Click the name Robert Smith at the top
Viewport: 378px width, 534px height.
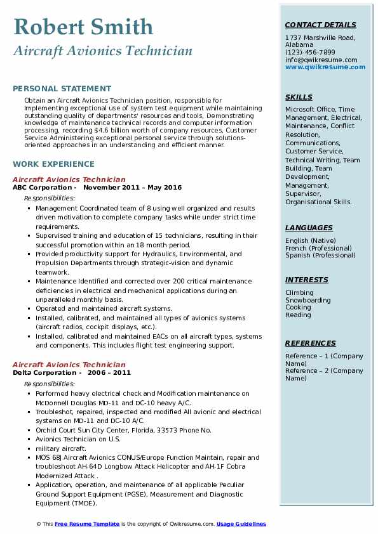[83, 27]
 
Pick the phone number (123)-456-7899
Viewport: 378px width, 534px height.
[310, 53]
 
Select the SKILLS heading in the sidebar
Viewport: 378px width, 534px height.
[299, 98]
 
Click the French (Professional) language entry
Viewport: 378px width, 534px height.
[319, 248]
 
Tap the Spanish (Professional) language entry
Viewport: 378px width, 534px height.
[320, 256]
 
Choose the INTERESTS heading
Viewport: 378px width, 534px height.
[307, 280]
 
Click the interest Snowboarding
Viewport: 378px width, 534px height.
[308, 300]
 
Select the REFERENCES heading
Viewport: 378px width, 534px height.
[311, 344]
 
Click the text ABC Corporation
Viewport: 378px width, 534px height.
[43, 188]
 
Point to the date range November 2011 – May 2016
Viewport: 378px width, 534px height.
[132, 188]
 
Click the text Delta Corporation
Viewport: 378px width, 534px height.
[44, 373]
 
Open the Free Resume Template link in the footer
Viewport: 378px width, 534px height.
[87, 524]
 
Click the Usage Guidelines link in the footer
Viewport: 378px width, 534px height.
[241, 524]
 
